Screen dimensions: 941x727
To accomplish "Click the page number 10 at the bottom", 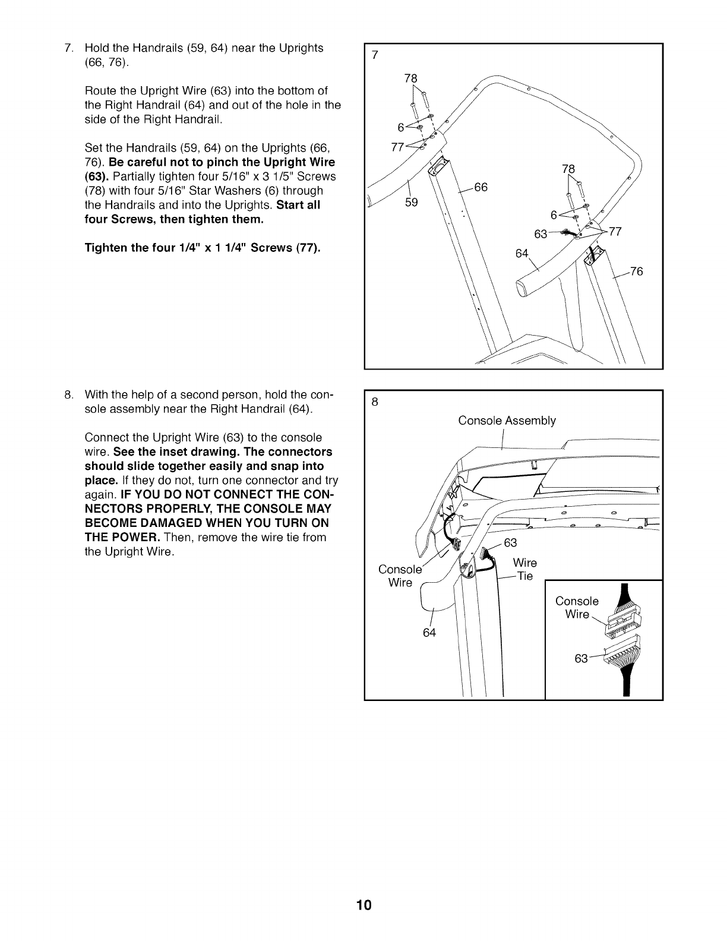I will [x=363, y=905].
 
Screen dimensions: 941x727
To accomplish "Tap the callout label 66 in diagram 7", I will [x=481, y=188].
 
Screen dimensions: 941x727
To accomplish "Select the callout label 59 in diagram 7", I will [x=411, y=203].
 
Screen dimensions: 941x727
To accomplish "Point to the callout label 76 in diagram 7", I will [x=636, y=272].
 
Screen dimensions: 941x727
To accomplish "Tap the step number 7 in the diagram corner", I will [x=374, y=56].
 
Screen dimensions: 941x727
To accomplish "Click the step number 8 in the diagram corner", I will [x=374, y=402].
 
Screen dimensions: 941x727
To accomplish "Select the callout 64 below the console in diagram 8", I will [x=429, y=633].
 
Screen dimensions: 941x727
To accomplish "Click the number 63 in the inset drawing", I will [x=581, y=658].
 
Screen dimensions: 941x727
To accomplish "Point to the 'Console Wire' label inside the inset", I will [x=577, y=607].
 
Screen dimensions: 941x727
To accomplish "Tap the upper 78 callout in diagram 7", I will [x=410, y=78].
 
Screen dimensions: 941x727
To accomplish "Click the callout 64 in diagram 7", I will [x=522, y=254].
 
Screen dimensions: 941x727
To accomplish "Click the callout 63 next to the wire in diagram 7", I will [x=540, y=234].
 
